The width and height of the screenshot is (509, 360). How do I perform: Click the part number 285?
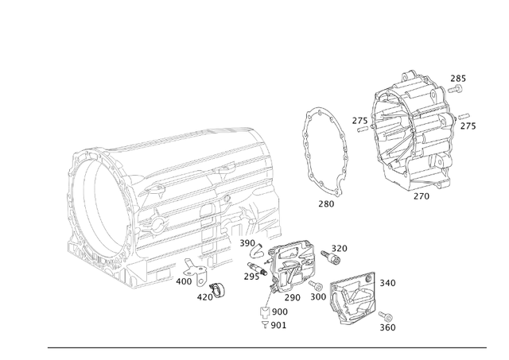click(x=458, y=79)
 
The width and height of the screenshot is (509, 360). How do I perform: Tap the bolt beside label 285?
click(x=457, y=91)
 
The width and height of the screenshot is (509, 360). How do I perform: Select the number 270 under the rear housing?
click(x=422, y=195)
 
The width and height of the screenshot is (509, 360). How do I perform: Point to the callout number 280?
click(x=326, y=203)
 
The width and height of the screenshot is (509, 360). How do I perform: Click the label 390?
click(x=247, y=243)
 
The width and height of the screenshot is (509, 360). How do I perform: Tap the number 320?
click(x=340, y=249)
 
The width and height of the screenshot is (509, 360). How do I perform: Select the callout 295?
click(x=252, y=277)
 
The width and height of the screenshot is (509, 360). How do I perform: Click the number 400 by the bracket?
click(x=184, y=281)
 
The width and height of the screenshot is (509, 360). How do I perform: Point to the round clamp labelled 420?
click(x=217, y=288)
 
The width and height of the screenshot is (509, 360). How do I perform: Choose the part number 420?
click(x=205, y=298)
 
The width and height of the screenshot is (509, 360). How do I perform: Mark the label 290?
click(x=293, y=298)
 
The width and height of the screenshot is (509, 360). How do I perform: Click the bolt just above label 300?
click(x=317, y=285)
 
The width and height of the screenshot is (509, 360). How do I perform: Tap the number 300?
click(x=318, y=297)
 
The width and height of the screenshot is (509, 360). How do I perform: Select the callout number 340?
click(x=387, y=283)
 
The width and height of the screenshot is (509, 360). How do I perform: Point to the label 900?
click(x=279, y=312)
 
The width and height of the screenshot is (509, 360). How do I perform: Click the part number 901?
click(x=279, y=325)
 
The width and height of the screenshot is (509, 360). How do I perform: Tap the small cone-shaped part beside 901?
click(x=263, y=324)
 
